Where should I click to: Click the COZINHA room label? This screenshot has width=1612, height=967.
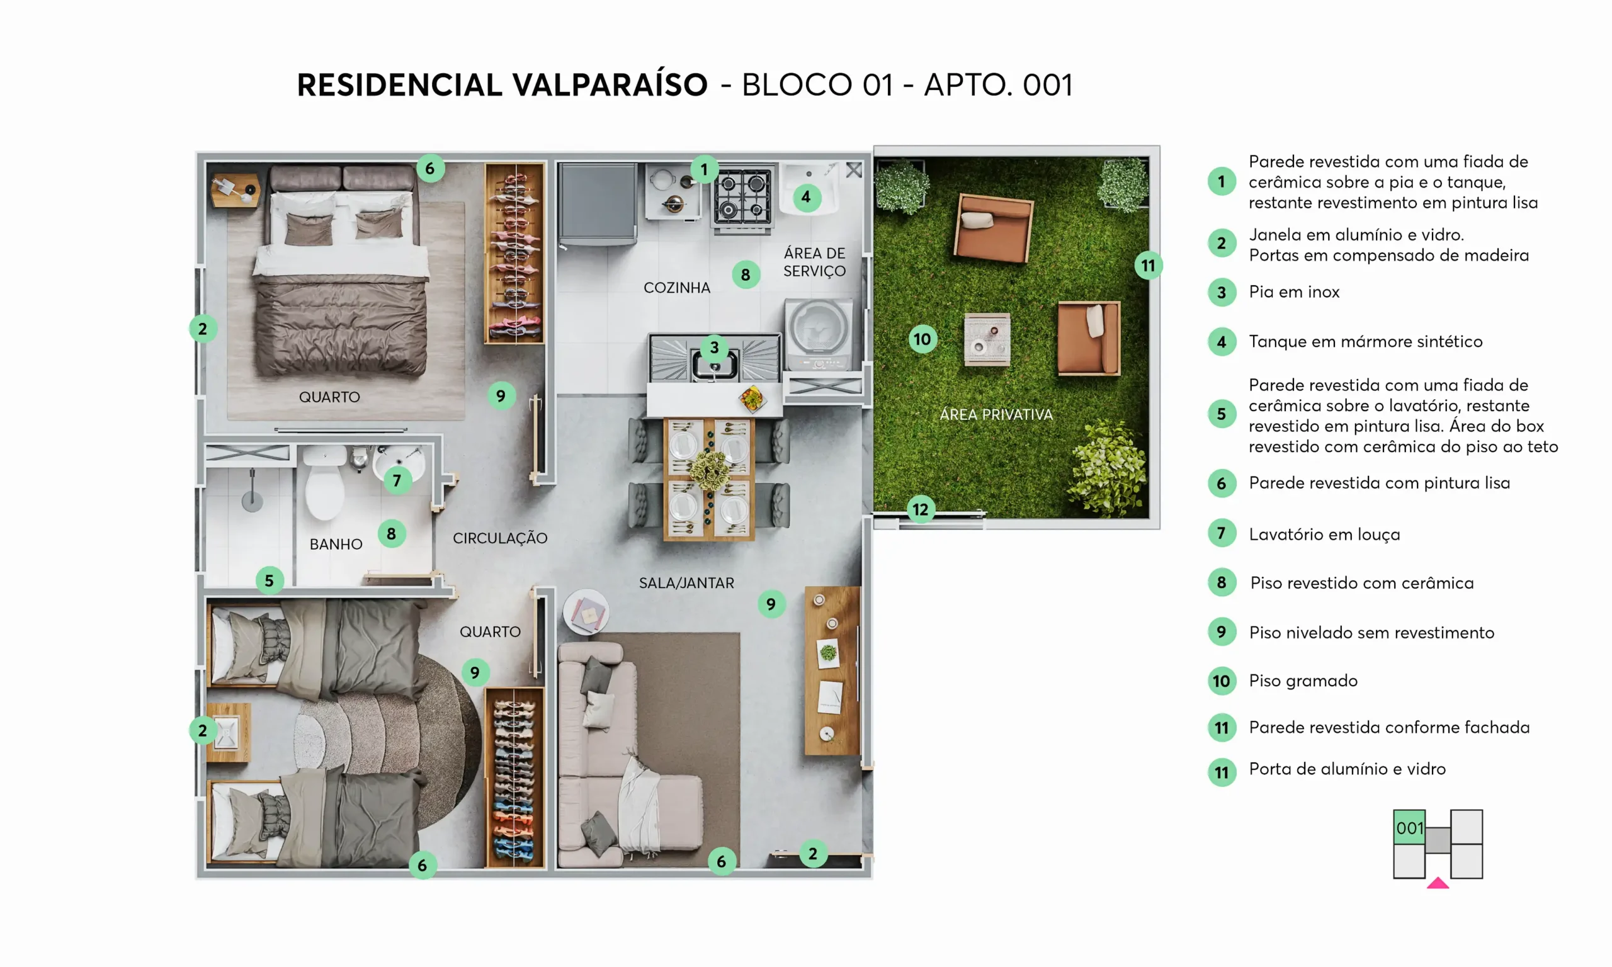[x=676, y=287]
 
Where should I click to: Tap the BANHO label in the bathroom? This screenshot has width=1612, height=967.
[x=336, y=544]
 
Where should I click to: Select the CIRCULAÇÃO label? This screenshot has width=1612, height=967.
[x=500, y=538]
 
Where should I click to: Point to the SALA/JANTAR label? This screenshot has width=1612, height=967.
[x=686, y=582]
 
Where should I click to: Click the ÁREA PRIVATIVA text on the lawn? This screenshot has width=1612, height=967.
[x=996, y=414]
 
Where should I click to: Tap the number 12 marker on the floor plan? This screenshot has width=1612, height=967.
[x=920, y=509]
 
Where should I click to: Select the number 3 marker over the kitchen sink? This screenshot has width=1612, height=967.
[x=714, y=348]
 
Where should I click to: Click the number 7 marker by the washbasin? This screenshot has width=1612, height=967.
[x=397, y=480]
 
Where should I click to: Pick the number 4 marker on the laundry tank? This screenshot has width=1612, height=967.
[x=806, y=196]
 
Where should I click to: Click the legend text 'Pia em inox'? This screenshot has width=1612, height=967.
[x=1294, y=292]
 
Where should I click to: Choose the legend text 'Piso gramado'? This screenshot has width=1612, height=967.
[x=1303, y=681]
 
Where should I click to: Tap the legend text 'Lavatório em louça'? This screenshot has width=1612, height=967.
[x=1324, y=534]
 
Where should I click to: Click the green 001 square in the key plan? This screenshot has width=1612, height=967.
[x=1409, y=827]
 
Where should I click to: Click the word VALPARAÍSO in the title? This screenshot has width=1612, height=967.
[x=610, y=85]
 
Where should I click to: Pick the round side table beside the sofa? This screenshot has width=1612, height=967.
[x=586, y=613]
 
